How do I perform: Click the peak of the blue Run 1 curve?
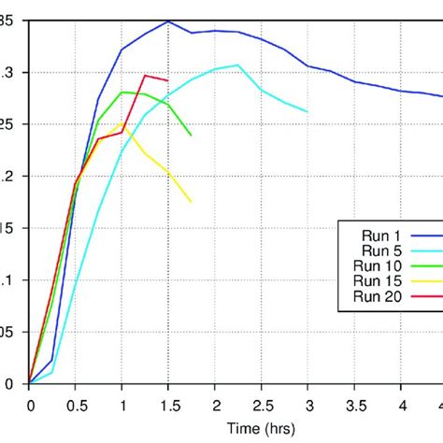[168, 21]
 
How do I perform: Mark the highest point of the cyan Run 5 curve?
[237, 64]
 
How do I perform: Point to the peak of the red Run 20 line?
[145, 76]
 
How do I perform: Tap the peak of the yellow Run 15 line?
[121, 123]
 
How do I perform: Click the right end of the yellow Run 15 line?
[191, 201]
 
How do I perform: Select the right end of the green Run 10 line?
[191, 136]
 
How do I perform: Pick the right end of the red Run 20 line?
[168, 80]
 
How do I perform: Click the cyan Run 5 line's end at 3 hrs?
[307, 111]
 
